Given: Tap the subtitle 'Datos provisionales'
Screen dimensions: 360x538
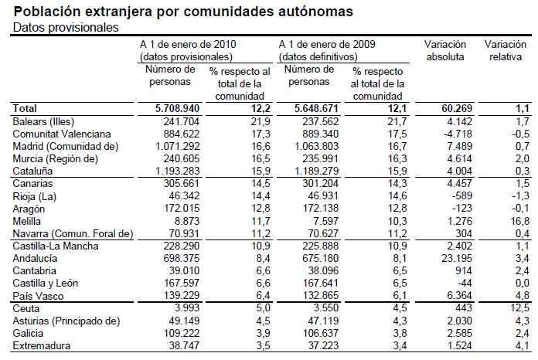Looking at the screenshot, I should click(x=66, y=28).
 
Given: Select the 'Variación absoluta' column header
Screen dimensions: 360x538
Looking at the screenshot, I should click(x=445, y=50).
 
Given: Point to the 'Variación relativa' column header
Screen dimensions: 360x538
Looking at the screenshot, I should click(x=506, y=50).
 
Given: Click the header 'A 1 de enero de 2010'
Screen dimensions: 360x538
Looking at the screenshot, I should click(x=188, y=45).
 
